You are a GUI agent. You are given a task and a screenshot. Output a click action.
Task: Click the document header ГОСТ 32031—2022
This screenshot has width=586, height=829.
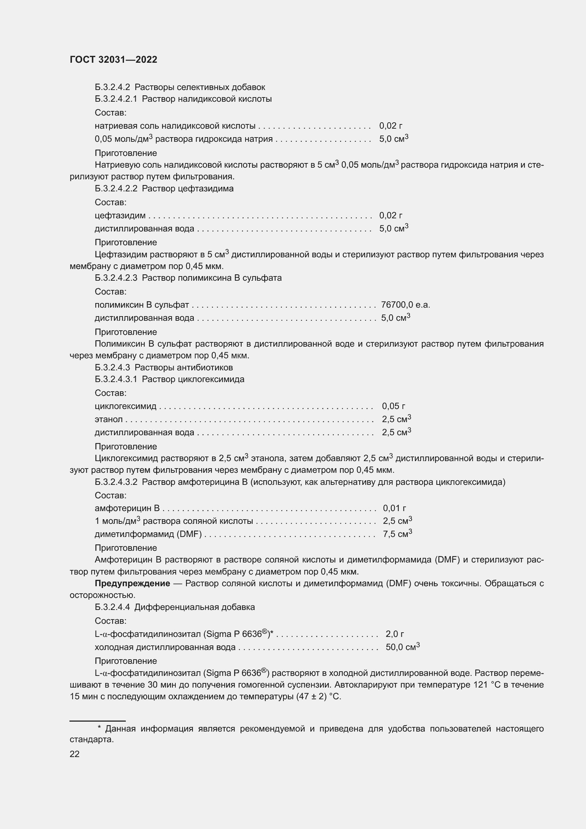[113, 60]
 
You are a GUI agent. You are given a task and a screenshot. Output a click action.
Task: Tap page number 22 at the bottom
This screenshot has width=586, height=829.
[74, 754]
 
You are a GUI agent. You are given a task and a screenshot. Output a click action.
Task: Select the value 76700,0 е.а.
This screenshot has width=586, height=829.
[405, 305]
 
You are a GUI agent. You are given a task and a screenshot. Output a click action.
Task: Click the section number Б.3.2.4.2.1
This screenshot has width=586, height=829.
[116, 99]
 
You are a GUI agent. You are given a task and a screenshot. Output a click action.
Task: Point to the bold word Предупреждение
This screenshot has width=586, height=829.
[132, 583]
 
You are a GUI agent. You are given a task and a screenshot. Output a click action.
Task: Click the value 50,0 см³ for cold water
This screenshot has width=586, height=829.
[402, 647]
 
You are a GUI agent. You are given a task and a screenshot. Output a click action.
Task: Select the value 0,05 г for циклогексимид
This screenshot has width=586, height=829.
[393, 406]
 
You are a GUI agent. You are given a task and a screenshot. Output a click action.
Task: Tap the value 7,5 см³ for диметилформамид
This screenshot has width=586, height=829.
[397, 534]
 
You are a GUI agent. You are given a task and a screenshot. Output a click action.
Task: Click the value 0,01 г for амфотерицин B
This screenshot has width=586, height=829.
[394, 508]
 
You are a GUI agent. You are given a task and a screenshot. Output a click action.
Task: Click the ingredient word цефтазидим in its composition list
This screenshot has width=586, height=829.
[120, 215]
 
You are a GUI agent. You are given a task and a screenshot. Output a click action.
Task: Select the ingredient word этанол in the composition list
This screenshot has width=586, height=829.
[109, 420]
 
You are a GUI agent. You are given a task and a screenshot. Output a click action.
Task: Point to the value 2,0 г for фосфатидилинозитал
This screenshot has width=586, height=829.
[394, 634]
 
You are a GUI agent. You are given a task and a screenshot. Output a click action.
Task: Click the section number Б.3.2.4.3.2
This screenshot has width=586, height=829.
[116, 482]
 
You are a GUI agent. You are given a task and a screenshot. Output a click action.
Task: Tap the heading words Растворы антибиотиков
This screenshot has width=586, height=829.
[183, 368]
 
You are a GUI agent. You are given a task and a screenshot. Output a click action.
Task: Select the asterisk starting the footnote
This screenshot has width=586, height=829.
[99, 728]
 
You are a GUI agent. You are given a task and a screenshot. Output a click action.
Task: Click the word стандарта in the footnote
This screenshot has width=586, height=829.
[92, 739]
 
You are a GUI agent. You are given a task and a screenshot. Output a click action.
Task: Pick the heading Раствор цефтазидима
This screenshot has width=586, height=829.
[187, 189]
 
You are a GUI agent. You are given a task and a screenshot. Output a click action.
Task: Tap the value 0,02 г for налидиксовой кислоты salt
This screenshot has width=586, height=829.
[390, 126]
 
